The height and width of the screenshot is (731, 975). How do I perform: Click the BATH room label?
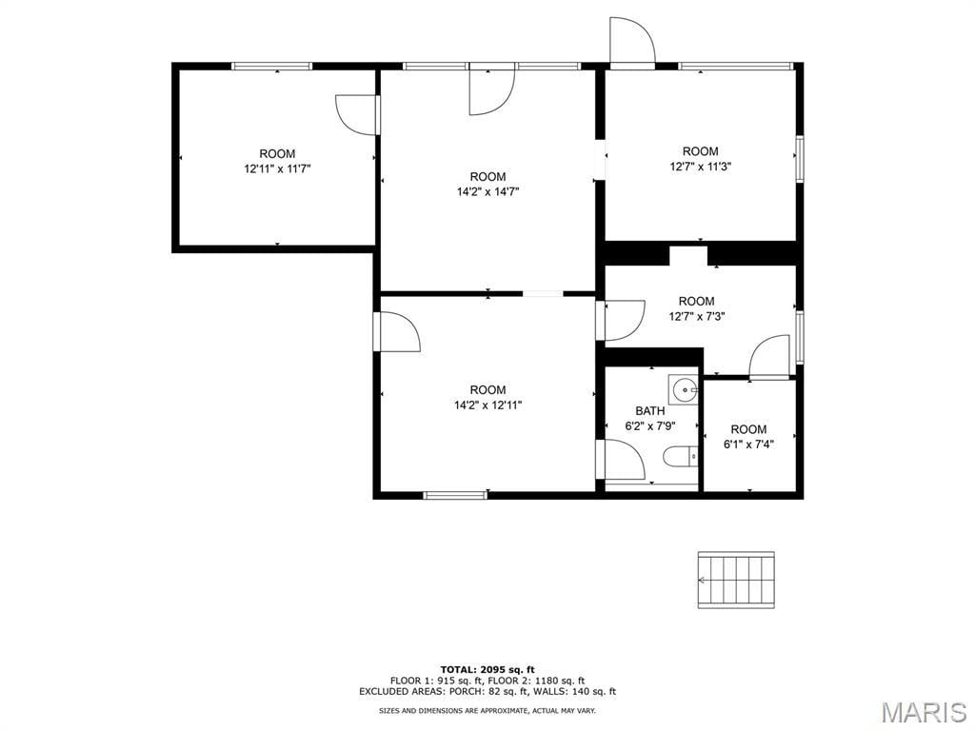(649, 411)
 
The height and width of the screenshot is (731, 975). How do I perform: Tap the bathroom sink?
(684, 389)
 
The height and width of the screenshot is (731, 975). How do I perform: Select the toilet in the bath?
(681, 457)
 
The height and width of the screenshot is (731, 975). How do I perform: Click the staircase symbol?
(736, 580)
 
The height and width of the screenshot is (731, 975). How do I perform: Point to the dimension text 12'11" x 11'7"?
(277, 168)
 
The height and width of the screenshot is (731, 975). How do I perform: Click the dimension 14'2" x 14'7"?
(488, 191)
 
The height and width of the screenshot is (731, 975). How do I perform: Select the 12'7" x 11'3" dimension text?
(700, 167)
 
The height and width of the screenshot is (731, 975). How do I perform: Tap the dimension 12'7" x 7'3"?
(696, 316)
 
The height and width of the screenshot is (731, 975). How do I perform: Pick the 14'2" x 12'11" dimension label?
(488, 405)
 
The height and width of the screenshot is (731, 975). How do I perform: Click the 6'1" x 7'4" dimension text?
(748, 445)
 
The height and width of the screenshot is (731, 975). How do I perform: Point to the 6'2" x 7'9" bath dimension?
(649, 426)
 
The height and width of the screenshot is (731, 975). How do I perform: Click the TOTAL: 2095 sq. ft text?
(487, 669)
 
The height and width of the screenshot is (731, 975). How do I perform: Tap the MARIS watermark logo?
(924, 712)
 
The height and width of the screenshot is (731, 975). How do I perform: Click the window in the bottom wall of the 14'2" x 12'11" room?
(454, 495)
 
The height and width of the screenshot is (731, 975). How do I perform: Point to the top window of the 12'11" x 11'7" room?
(271, 66)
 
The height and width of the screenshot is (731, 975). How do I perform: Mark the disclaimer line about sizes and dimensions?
(487, 710)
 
